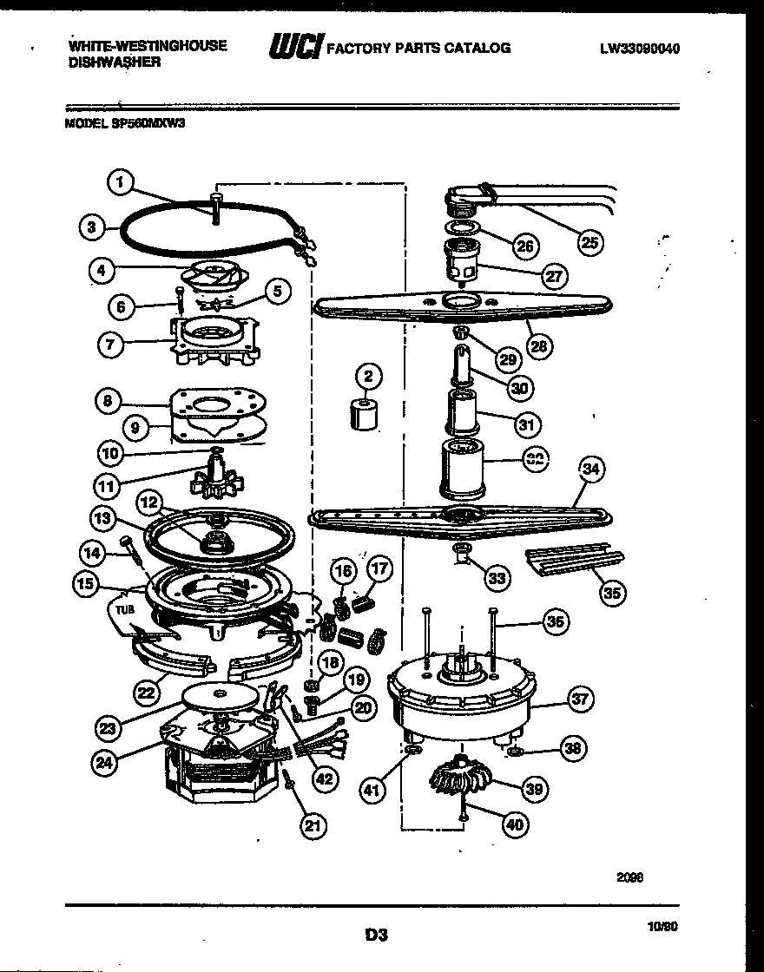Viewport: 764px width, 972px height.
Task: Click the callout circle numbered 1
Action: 122,182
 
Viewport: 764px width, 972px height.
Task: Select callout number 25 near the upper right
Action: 589,244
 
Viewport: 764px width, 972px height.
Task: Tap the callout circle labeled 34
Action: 590,470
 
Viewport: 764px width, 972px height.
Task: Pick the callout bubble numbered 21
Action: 314,827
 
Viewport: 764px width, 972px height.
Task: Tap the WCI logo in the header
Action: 294,47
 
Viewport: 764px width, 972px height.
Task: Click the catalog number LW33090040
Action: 639,49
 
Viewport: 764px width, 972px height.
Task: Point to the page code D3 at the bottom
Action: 375,936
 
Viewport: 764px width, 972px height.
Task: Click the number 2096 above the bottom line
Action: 630,877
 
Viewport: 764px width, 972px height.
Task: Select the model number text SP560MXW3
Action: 148,123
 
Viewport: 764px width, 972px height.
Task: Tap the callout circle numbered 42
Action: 324,778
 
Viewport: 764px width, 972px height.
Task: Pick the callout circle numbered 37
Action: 579,698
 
